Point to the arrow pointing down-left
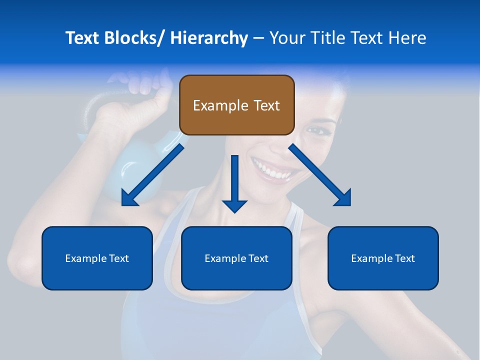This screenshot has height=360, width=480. (152, 174)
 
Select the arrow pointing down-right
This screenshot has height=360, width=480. (320, 174)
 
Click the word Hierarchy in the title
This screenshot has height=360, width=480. (208, 38)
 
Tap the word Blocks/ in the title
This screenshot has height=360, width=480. (130, 38)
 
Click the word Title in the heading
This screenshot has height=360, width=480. (323, 38)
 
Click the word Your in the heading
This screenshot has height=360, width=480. (287, 38)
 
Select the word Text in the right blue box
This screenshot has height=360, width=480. (404, 258)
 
